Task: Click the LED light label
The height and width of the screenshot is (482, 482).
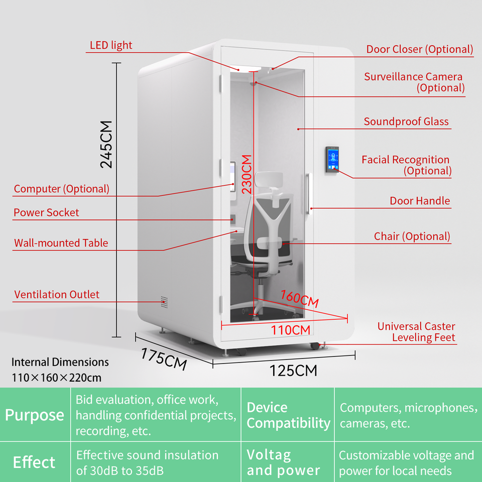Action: [x=111, y=45]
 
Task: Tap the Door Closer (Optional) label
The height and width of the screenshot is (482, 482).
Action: [x=419, y=49]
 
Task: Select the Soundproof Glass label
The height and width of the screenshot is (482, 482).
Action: [x=406, y=122]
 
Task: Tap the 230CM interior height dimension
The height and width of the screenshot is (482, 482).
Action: [x=246, y=174]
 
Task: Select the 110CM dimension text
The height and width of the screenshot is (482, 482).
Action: [x=291, y=330]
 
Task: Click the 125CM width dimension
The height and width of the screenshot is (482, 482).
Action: [x=293, y=371]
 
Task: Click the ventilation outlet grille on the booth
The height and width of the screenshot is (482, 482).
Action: [x=164, y=302]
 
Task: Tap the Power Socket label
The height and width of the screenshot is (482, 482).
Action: [x=46, y=212]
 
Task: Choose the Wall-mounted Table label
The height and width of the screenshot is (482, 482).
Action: [x=61, y=243]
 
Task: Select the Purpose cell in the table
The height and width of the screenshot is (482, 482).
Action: [x=35, y=415]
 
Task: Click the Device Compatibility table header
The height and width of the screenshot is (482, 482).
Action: [x=288, y=415]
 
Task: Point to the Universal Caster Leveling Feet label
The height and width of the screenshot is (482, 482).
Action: [x=416, y=332]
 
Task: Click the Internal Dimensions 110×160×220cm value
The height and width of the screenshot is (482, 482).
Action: [x=57, y=378]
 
